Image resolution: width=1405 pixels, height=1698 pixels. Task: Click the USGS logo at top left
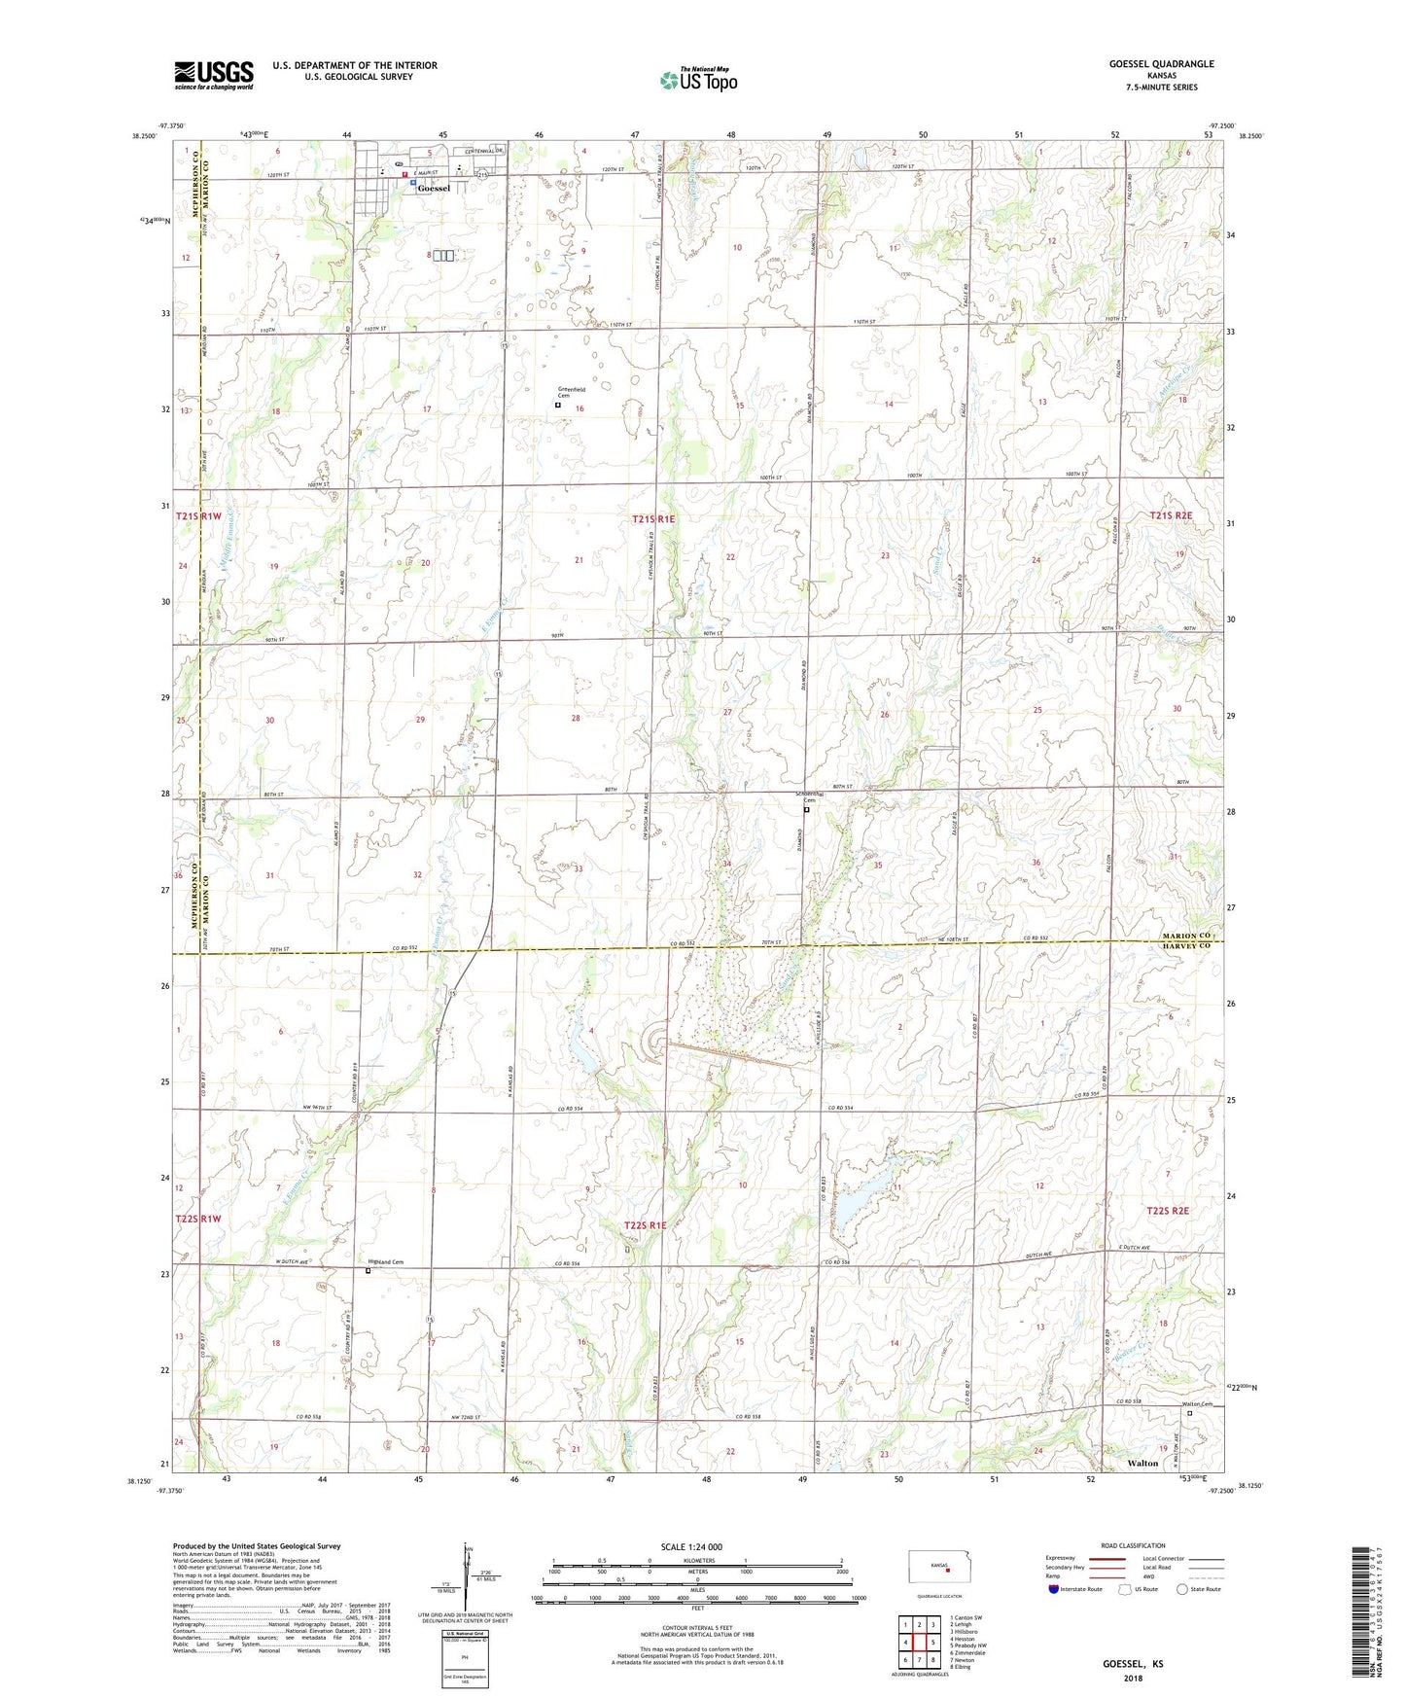(x=214, y=74)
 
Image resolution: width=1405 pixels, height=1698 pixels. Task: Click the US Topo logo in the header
(x=698, y=80)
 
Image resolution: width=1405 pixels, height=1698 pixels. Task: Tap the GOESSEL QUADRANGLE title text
(x=1161, y=64)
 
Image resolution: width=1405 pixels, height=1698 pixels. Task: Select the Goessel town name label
(x=434, y=189)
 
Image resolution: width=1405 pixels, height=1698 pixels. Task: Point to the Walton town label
(x=1142, y=1463)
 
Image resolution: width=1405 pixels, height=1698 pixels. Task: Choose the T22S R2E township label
(x=1169, y=1211)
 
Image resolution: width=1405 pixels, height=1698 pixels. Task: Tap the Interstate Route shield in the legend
(x=1054, y=1589)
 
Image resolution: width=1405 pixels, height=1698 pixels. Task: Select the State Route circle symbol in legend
(x=1181, y=1589)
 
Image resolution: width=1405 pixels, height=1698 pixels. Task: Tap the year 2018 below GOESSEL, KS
(x=1133, y=1678)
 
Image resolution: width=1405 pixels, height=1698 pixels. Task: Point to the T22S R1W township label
(x=198, y=1219)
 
